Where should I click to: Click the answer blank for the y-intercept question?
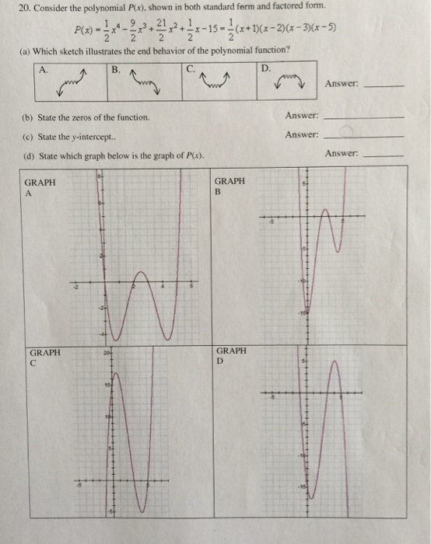coord(364,137)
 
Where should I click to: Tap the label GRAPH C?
coord(44,357)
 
